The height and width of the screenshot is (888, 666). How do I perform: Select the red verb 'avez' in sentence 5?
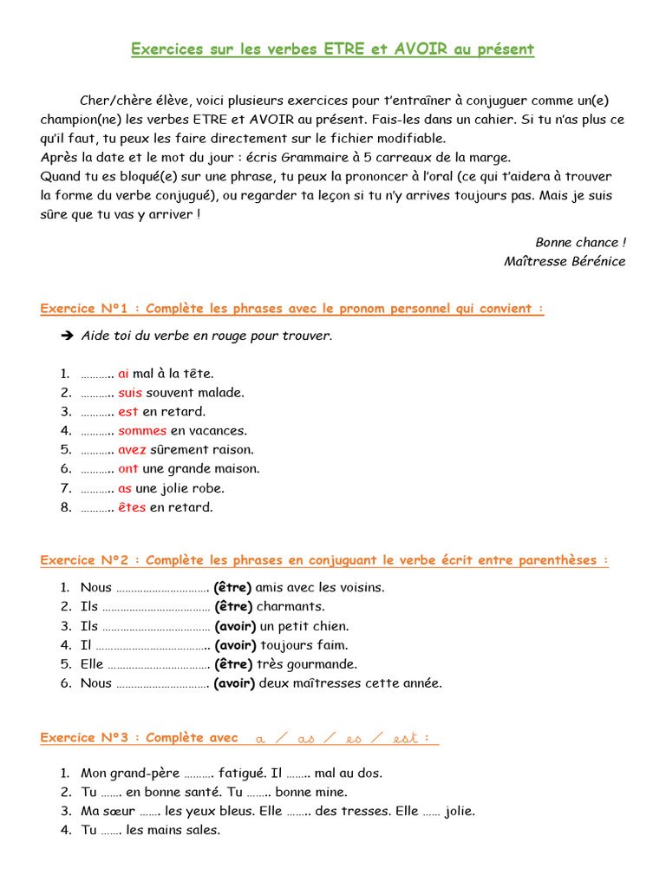tap(132, 450)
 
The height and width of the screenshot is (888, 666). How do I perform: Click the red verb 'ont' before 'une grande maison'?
tap(128, 469)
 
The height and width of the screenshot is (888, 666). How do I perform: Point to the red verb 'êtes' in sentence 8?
tap(132, 507)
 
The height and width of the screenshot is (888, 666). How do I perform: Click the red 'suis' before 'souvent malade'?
tap(129, 393)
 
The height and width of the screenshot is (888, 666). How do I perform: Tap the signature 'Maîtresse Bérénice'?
tap(564, 261)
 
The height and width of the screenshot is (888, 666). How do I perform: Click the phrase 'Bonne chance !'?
tap(579, 242)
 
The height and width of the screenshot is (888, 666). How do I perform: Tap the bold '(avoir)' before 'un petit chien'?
tap(235, 626)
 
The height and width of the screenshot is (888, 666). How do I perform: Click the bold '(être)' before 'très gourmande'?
tap(233, 664)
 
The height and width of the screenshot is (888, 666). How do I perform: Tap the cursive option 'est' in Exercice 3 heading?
tap(405, 739)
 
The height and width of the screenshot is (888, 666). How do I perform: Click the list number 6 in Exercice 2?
tap(65, 683)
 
